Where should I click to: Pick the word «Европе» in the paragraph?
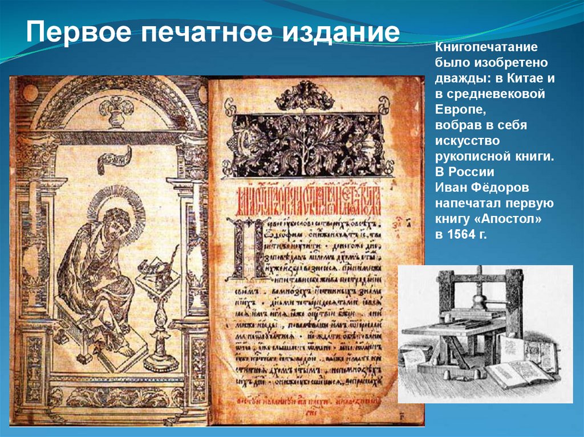tap(457, 108)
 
